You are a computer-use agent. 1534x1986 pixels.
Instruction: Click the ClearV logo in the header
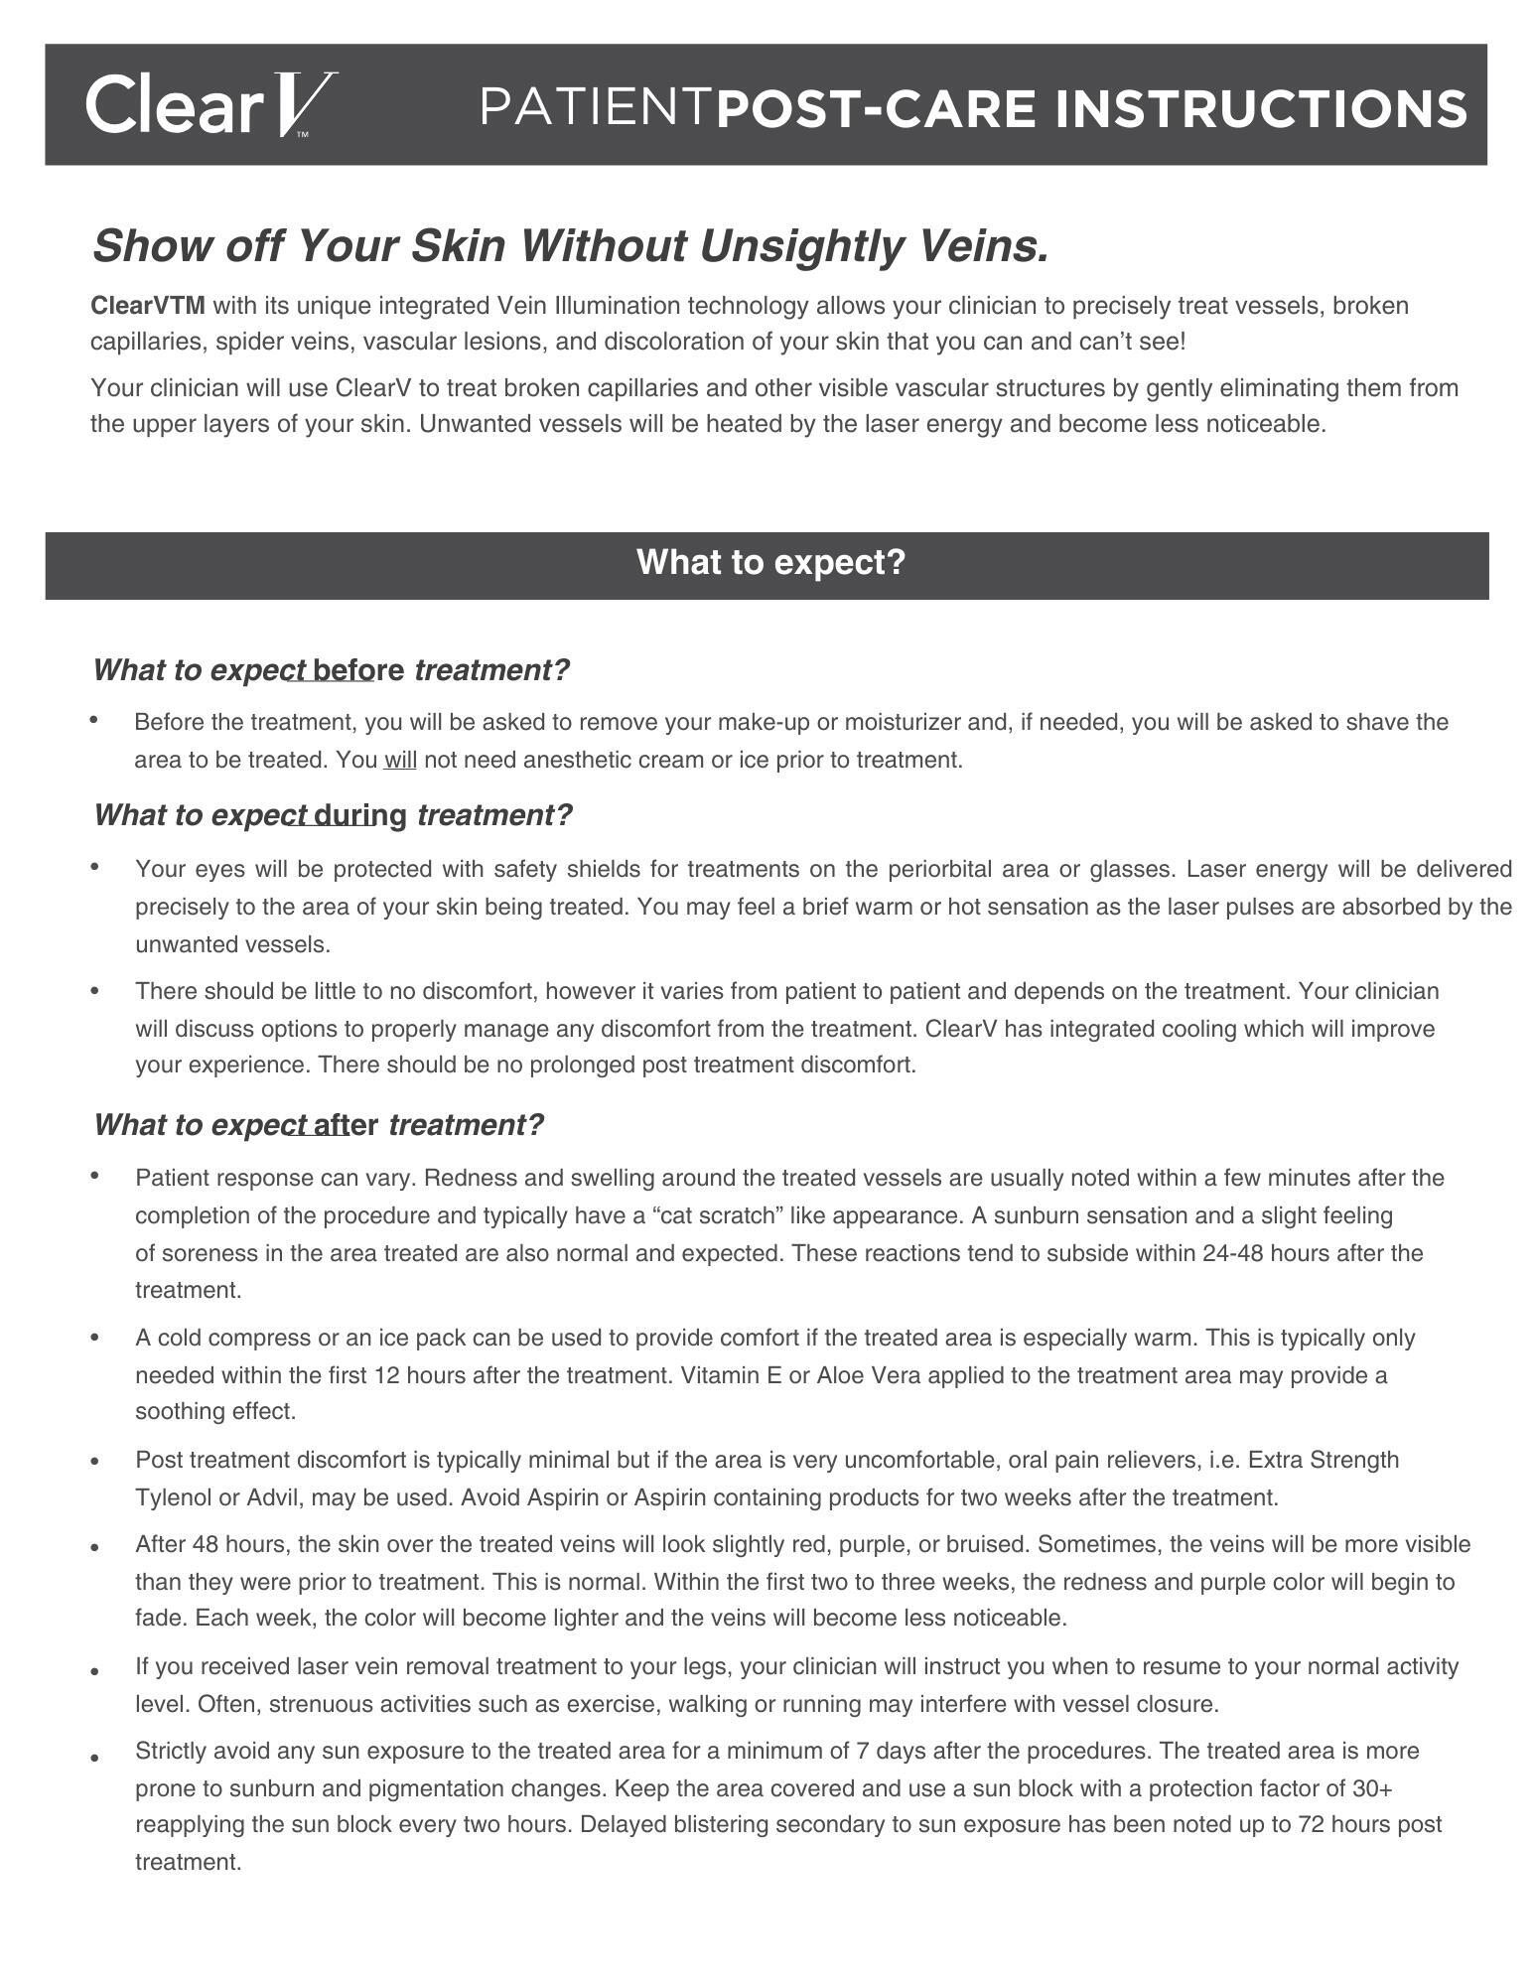(x=210, y=105)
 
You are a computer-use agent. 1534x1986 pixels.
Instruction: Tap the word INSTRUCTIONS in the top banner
(x=1261, y=108)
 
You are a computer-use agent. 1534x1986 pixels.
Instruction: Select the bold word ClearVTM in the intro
(x=148, y=306)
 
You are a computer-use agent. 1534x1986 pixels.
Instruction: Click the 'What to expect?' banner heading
(x=770, y=563)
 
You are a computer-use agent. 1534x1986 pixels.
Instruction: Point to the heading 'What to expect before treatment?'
(x=332, y=670)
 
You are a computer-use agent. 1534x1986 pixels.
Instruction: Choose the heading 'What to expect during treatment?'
(x=333, y=815)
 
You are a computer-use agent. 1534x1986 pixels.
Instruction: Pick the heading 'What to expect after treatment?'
(x=319, y=1125)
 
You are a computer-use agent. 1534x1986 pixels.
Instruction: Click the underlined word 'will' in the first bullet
(x=400, y=761)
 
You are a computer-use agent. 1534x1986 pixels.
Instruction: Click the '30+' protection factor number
(x=1372, y=1788)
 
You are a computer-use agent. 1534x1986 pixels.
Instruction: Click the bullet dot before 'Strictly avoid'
(x=94, y=1758)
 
